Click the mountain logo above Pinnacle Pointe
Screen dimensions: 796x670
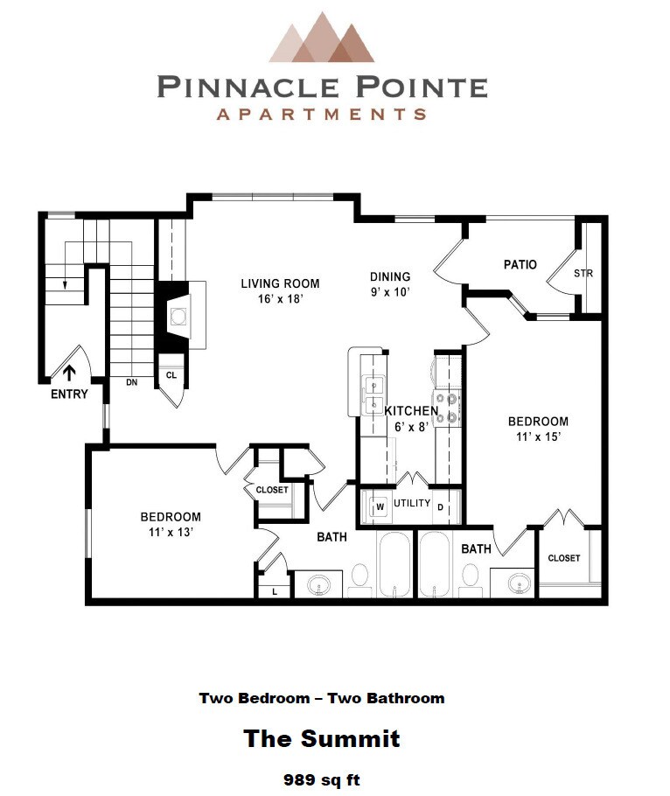(x=321, y=38)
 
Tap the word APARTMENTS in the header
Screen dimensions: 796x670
(x=321, y=114)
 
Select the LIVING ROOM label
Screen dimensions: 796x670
(x=280, y=283)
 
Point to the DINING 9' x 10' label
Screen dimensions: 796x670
(x=389, y=284)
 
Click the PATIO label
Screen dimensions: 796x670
(x=520, y=264)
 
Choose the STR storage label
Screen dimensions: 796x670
(x=583, y=274)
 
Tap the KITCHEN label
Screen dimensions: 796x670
(x=411, y=410)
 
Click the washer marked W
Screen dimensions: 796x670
(x=380, y=506)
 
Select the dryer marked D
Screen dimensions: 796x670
(x=442, y=506)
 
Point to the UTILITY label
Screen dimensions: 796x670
(x=411, y=503)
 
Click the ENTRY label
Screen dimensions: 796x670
(x=69, y=394)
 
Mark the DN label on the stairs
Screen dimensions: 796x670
(x=131, y=382)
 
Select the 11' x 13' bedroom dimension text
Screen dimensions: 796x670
(x=171, y=532)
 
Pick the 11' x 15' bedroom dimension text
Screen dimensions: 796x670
(x=538, y=436)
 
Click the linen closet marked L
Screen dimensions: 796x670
(x=275, y=591)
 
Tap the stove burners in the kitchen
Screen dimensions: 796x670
(x=448, y=408)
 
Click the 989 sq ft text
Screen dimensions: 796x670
(x=321, y=778)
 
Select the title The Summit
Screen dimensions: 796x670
(x=321, y=738)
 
